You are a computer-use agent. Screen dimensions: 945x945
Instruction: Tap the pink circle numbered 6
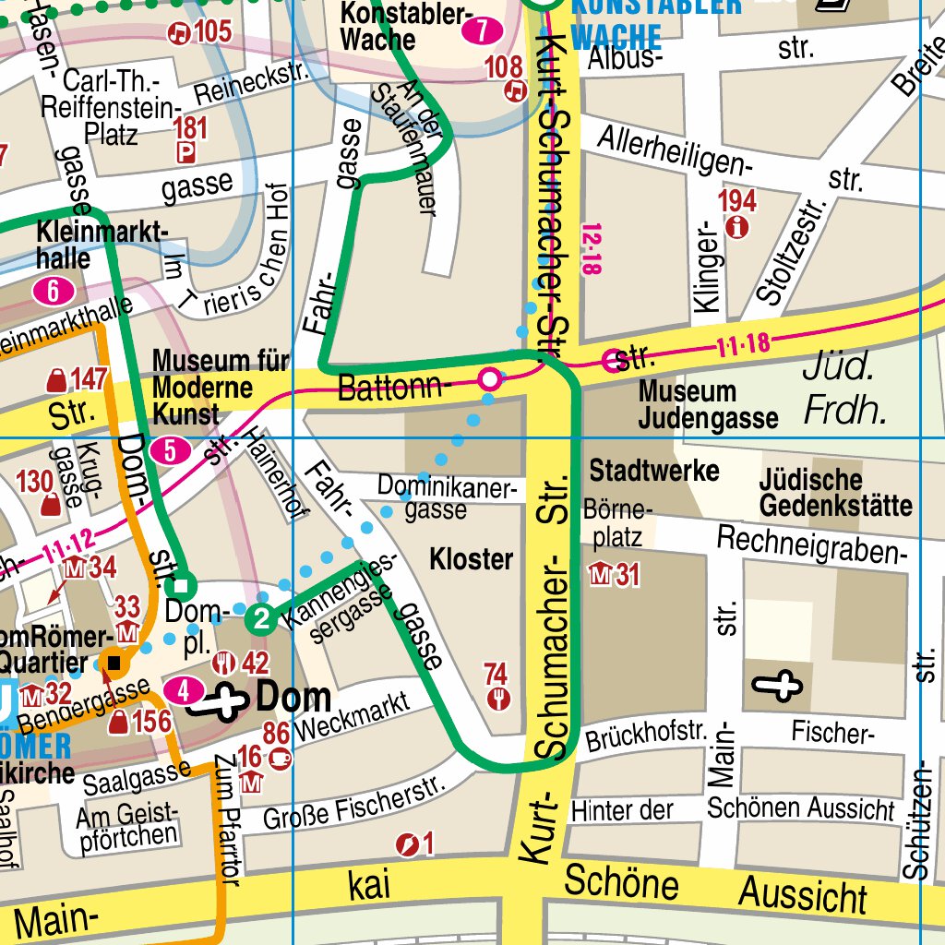click(54, 293)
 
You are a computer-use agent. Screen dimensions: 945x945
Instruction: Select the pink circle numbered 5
click(172, 451)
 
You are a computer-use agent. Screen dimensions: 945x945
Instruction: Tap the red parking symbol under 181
click(187, 152)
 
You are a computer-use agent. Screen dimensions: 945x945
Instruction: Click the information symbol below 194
click(736, 227)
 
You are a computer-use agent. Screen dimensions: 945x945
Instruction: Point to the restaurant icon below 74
click(498, 699)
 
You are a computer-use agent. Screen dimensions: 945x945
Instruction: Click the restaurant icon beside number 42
click(223, 663)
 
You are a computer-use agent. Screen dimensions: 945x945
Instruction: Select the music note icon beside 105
click(178, 33)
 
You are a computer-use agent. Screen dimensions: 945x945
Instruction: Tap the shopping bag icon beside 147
click(56, 379)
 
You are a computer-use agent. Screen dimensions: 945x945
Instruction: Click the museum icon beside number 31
click(600, 576)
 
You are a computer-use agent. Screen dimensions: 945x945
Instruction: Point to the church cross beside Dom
click(218, 701)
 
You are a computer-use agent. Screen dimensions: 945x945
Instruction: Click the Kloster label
click(471, 559)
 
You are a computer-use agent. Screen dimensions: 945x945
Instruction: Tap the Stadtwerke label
click(653, 471)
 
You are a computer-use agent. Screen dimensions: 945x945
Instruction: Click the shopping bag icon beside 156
click(119, 723)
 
